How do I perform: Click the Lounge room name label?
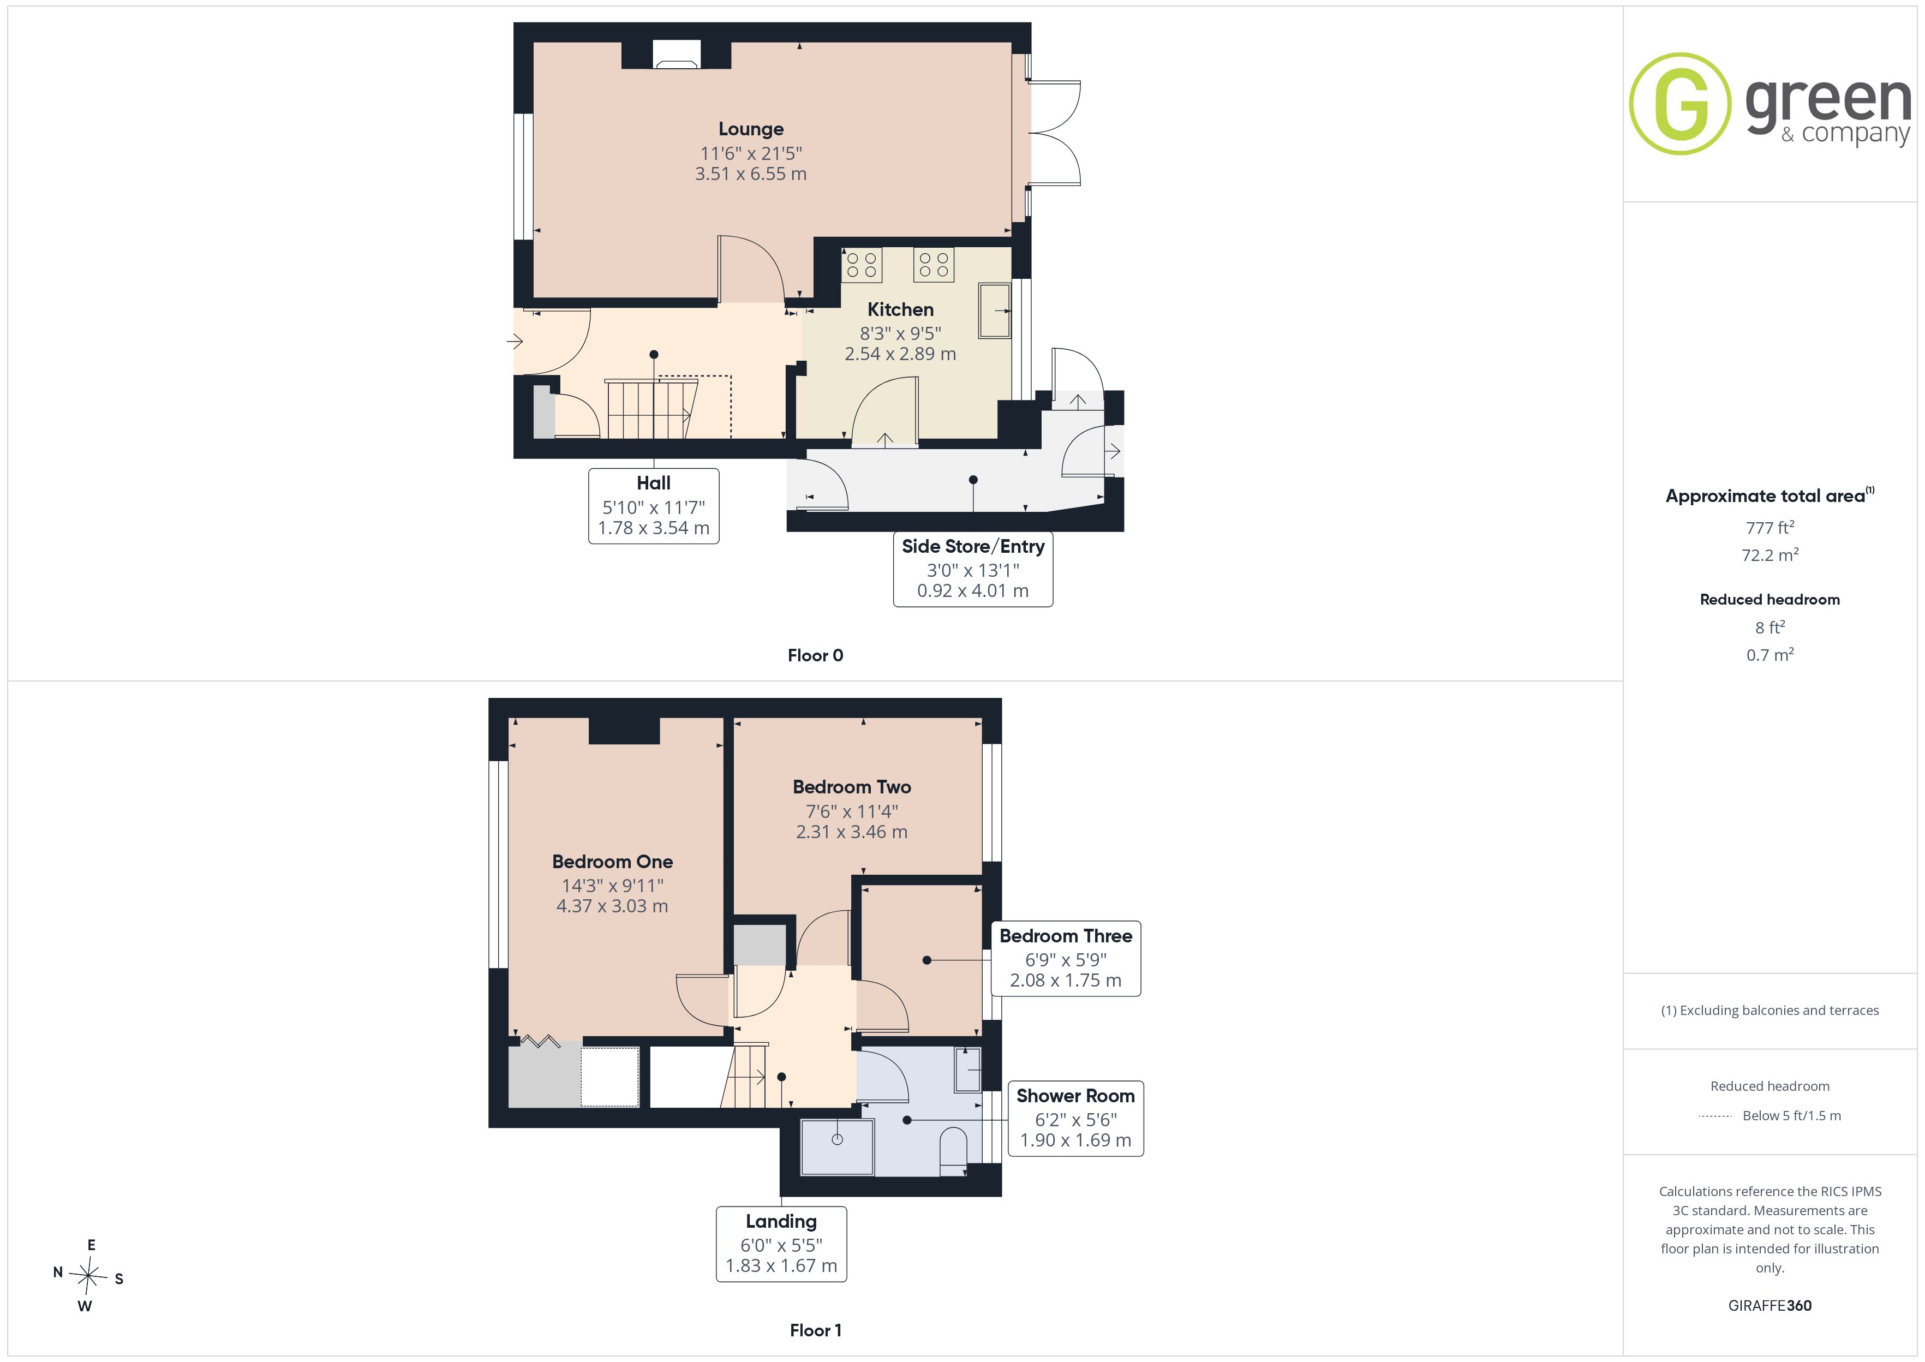click(x=750, y=129)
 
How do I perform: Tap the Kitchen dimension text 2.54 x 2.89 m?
click(x=900, y=354)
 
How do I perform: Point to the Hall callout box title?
click(x=653, y=483)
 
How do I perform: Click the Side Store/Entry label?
click(x=972, y=547)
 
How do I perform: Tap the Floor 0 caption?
click(x=815, y=656)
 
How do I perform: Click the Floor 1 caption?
click(x=815, y=1330)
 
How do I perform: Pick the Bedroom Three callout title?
click(x=1066, y=936)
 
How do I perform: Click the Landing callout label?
click(x=781, y=1221)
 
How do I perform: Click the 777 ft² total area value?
click(x=1770, y=528)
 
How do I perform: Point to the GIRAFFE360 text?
click(x=1770, y=1306)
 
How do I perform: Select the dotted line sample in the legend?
click(x=1714, y=1116)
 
